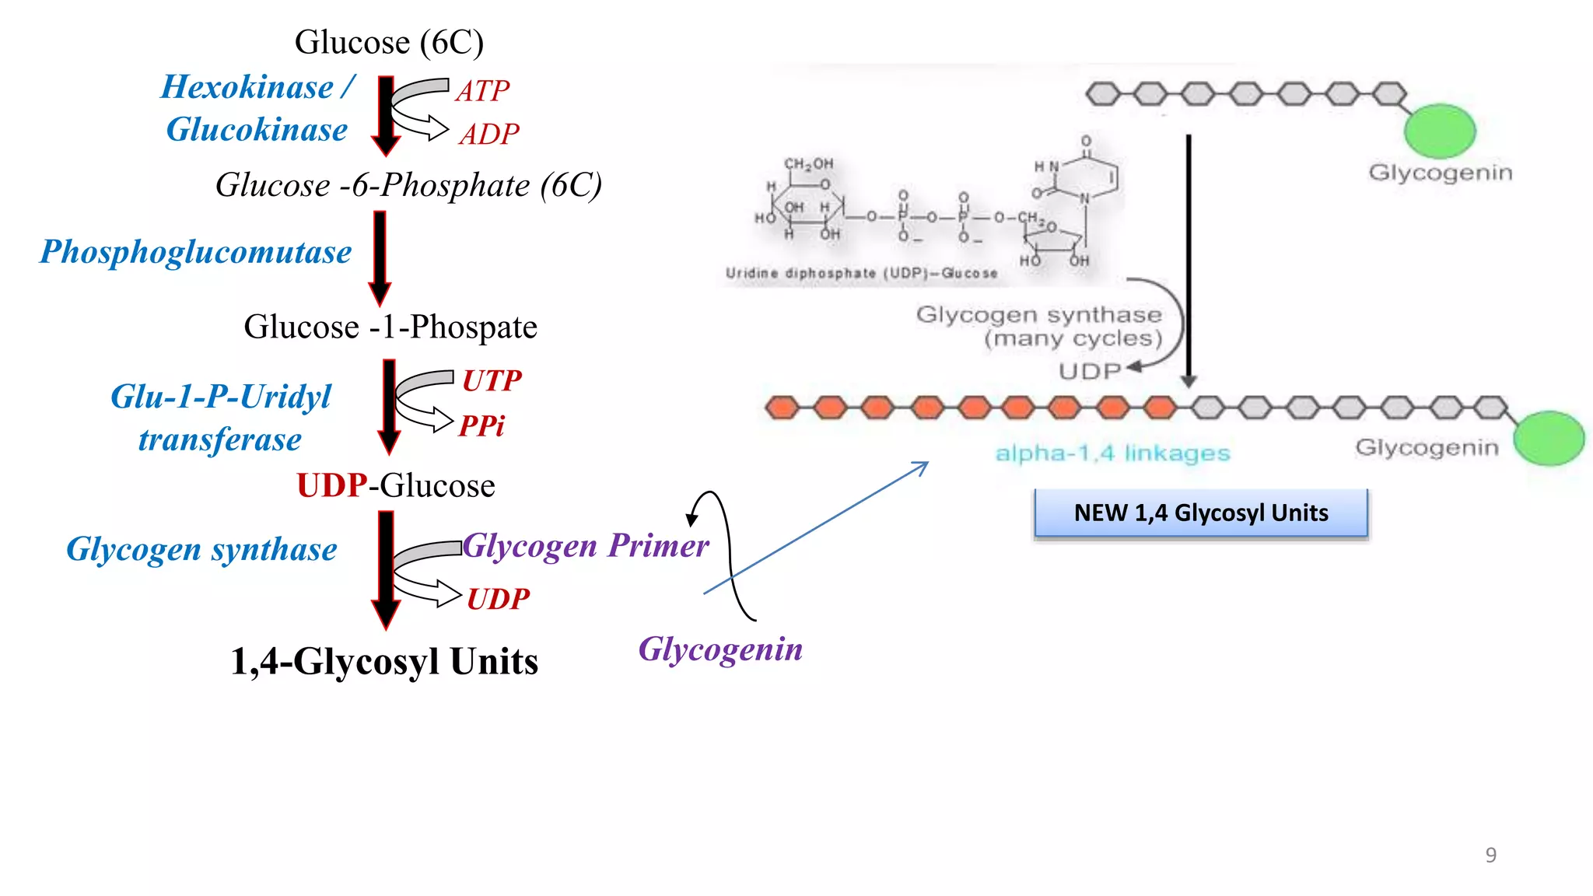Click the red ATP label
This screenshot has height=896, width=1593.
482,91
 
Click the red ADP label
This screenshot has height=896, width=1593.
488,135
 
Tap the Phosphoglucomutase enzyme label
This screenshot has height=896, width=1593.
196,252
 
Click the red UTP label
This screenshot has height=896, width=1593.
492,380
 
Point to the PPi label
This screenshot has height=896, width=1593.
481,425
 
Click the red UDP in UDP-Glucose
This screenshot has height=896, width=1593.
332,485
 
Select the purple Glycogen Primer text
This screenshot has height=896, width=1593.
586,545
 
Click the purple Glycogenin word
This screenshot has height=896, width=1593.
720,649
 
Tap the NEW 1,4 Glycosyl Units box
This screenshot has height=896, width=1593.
1200,513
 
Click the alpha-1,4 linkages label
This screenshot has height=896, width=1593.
1112,453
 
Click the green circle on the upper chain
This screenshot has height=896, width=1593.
1439,131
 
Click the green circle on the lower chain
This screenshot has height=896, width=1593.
1549,438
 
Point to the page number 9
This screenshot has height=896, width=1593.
1490,855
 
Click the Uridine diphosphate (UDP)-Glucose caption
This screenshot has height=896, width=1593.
861,273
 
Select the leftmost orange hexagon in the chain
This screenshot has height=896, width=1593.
782,407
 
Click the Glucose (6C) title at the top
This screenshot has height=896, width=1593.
389,42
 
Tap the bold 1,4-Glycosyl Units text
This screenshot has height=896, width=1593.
384,661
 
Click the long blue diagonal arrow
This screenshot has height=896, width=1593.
817,527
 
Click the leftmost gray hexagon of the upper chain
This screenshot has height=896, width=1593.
1102,95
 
